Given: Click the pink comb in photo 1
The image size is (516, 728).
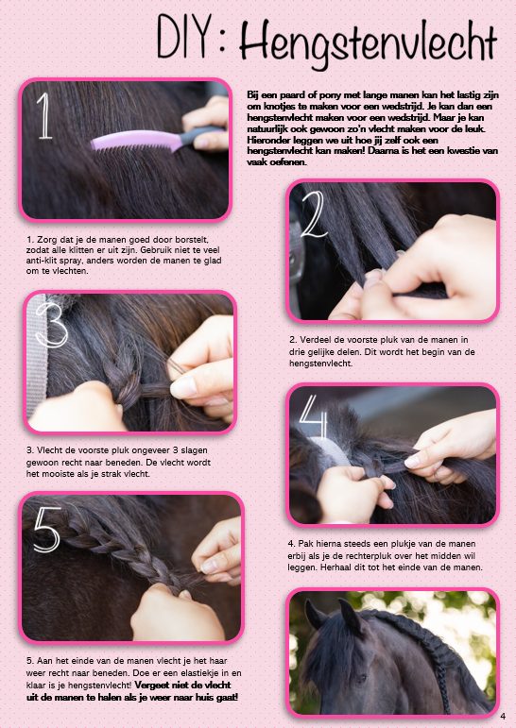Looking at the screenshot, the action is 135,141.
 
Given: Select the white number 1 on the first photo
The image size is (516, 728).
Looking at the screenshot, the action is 44,115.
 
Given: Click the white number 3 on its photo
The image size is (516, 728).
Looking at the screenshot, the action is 51,325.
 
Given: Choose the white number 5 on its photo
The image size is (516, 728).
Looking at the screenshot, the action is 47,530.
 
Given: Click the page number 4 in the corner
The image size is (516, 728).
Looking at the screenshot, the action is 503,717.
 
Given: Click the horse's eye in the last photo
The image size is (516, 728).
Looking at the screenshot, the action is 361,678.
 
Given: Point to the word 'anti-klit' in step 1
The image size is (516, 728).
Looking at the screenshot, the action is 41,261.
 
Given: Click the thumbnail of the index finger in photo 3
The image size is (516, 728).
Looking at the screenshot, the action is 183,388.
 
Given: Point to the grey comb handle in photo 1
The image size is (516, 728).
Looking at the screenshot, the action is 200,136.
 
